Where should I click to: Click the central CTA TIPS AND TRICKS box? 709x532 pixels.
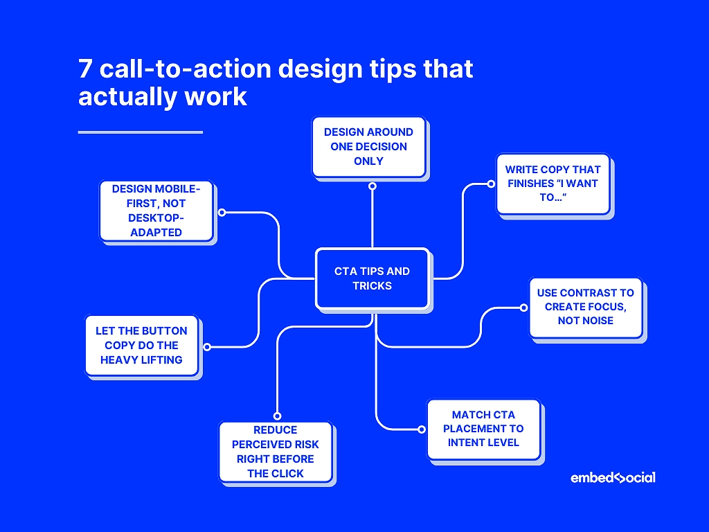tap(372, 278)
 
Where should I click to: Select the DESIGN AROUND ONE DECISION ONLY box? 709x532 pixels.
tap(368, 146)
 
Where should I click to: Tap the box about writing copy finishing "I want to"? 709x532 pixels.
tap(553, 184)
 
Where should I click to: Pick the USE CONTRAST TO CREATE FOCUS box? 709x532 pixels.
tap(586, 307)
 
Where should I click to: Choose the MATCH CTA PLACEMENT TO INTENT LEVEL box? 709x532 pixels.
tap(483, 429)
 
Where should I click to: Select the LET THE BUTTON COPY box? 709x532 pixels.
tap(141, 346)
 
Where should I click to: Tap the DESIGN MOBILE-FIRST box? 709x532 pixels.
tap(156, 211)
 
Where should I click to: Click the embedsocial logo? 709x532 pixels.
tap(613, 477)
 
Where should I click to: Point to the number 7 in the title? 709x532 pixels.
tap(87, 70)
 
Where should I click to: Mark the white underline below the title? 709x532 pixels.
tap(140, 132)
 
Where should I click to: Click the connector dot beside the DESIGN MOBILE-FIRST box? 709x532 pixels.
tap(222, 213)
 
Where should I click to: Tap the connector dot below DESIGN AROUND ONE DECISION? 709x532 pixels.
tap(372, 186)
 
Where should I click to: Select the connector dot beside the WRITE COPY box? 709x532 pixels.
tap(490, 184)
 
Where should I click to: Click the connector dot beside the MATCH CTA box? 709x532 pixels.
tap(422, 429)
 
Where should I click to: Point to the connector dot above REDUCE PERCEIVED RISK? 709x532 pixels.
tap(276, 416)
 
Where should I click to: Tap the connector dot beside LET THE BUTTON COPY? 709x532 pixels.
tap(206, 346)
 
